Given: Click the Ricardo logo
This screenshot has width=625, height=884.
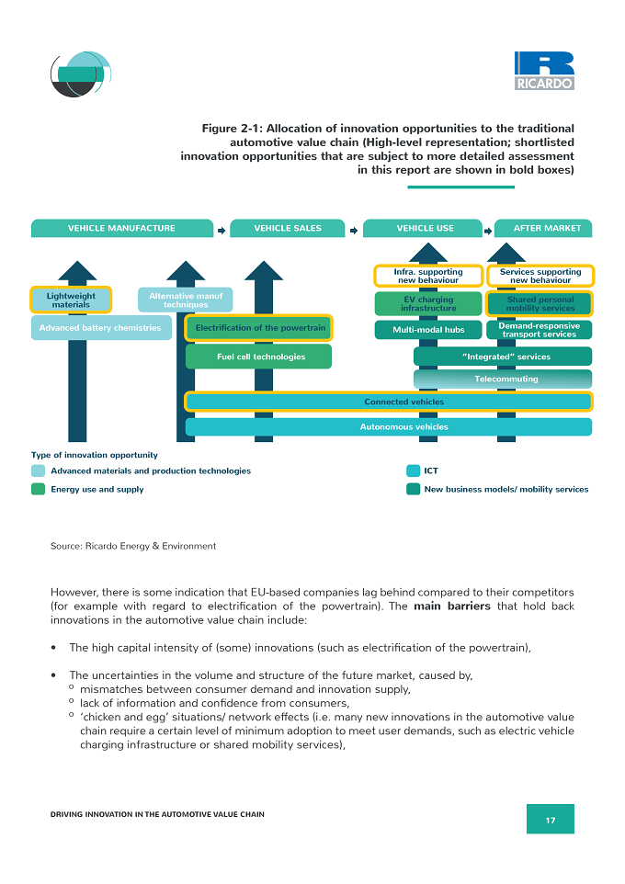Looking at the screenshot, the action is point(544,71).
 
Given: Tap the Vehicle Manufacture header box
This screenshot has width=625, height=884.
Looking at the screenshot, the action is point(122,228).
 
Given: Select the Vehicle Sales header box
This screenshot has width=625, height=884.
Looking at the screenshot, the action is point(287,228).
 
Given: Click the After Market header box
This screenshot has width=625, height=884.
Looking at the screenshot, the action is point(543,228).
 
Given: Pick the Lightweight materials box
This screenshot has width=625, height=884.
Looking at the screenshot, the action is point(71,300).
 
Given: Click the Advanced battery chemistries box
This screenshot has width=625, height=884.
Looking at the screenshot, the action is point(101,327).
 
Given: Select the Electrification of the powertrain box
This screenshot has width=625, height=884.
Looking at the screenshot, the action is point(259,327).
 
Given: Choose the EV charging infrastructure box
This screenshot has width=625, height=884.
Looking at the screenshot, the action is point(428,303).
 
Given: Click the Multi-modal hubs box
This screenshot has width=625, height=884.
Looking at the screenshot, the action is point(428,330).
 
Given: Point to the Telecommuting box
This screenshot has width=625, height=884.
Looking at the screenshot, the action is point(503,379).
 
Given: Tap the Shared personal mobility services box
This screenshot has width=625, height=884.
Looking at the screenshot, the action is point(540,304).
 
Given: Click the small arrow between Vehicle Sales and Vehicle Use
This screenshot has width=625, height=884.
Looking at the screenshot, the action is point(354,231).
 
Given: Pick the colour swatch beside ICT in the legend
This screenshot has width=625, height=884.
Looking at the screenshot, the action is point(413,470).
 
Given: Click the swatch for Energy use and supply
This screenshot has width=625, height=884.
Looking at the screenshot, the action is point(38,490).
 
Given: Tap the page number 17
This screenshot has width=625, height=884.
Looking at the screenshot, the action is point(551,821).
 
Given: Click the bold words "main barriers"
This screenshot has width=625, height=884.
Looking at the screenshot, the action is point(452,606).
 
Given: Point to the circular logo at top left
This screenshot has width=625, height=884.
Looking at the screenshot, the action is point(81,74).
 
